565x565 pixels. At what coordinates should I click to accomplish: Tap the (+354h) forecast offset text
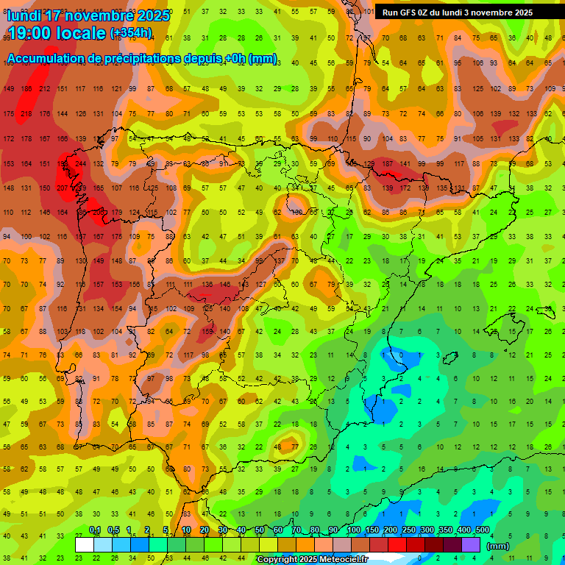tap(131, 33)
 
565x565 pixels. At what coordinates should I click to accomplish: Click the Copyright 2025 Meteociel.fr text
tap(311, 560)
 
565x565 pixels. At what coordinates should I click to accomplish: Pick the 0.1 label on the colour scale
tap(95, 530)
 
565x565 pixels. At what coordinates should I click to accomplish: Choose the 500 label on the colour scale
tap(482, 530)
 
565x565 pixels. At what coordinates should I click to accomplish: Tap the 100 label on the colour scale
tap(353, 530)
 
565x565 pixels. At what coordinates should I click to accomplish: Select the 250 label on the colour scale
tap(408, 530)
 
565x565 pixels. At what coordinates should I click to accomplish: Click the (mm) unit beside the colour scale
tap(498, 546)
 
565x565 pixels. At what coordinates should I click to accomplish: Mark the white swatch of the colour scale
tap(85, 545)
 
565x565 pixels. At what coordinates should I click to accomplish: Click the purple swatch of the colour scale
tap(471, 545)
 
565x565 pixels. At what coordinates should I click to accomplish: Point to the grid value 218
tap(26, 113)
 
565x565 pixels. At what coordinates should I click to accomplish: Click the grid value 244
tap(80, 163)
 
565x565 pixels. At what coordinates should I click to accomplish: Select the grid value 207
tap(63, 188)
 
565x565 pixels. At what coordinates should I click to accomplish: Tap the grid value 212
tap(44, 89)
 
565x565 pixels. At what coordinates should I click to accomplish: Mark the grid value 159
tap(207, 331)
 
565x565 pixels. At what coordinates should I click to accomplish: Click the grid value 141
tap(405, 163)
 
